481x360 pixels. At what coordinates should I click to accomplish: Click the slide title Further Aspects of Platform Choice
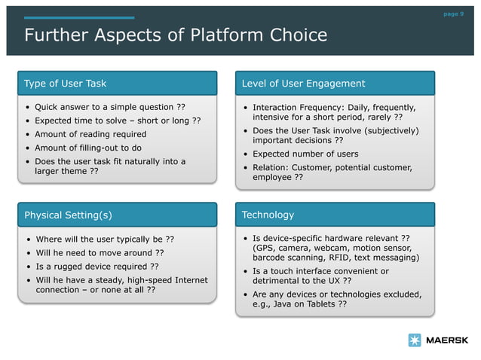[x=176, y=35]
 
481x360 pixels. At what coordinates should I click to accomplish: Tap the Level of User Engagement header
[x=303, y=84]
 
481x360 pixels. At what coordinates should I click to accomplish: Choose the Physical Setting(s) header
[x=68, y=215]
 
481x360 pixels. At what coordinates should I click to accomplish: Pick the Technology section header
[x=268, y=215]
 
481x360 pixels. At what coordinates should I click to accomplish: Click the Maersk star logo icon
[x=415, y=340]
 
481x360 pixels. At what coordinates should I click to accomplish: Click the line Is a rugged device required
[x=97, y=267]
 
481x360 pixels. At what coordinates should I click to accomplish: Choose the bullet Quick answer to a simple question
[x=110, y=107]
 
